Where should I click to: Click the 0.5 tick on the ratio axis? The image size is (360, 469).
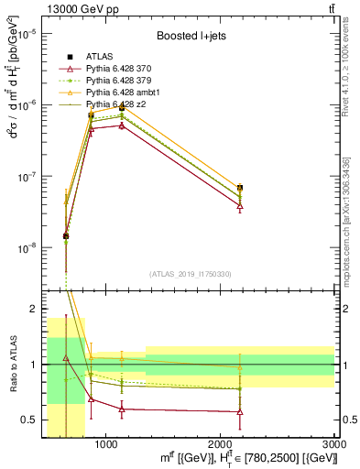point(32,420)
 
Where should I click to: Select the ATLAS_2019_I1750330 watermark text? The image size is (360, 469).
point(191,273)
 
